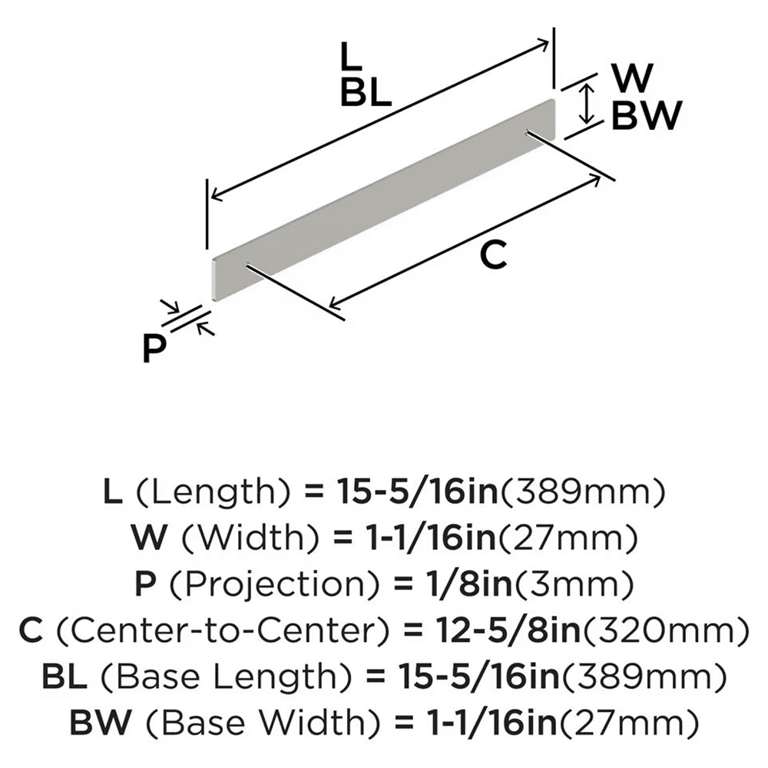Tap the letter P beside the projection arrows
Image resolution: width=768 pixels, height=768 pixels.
point(155,349)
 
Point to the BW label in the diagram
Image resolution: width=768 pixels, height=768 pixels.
point(647,117)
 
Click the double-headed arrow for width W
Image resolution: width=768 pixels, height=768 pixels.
point(588,104)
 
